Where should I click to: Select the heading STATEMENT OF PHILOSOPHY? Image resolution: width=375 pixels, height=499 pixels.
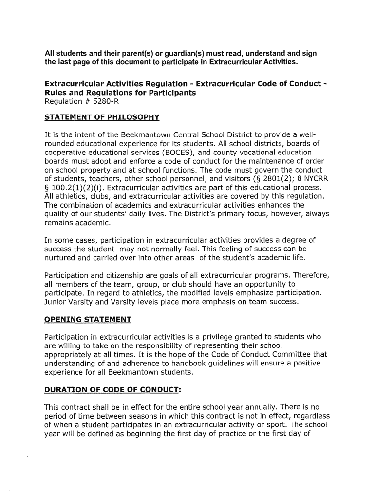tap(102, 117)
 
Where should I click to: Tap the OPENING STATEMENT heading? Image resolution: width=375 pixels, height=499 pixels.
tap(88, 320)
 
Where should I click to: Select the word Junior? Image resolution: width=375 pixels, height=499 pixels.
tap(56, 302)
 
